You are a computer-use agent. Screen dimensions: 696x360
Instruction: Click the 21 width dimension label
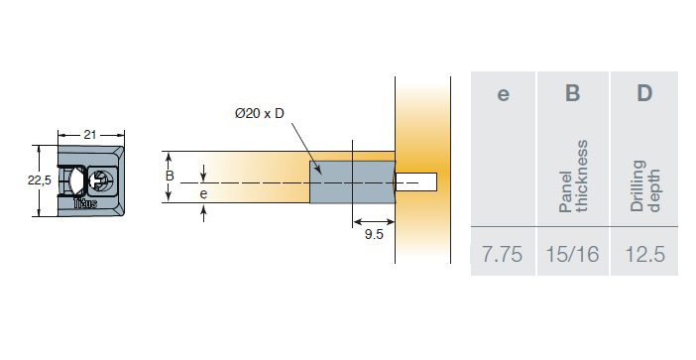pos(89,135)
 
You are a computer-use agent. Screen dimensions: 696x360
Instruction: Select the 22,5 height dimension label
pos(40,180)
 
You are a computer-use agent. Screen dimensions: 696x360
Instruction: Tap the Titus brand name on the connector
pos(85,203)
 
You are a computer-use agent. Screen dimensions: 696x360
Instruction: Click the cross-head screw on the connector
pos(102,180)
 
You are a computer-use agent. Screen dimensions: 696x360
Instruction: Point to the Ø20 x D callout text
pos(259,114)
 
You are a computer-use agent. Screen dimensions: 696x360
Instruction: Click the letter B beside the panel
pos(170,176)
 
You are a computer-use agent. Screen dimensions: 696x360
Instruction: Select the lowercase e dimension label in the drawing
pos(203,194)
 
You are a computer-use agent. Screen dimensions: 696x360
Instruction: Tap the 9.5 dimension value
pos(374,234)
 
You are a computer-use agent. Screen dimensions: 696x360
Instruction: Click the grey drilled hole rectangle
pos(352,182)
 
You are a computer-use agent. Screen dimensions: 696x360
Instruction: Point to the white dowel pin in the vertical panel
pos(416,182)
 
